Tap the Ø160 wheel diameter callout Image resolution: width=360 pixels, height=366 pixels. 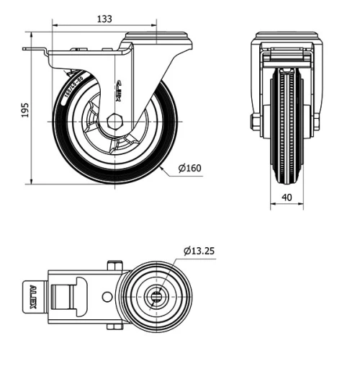tap(189, 169)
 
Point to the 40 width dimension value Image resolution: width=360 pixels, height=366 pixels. tap(287, 197)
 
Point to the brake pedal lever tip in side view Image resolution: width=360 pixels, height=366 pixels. tap(29, 50)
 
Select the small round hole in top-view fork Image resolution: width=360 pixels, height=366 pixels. tap(107, 295)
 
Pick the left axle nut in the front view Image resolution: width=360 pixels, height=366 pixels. tap(256, 122)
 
